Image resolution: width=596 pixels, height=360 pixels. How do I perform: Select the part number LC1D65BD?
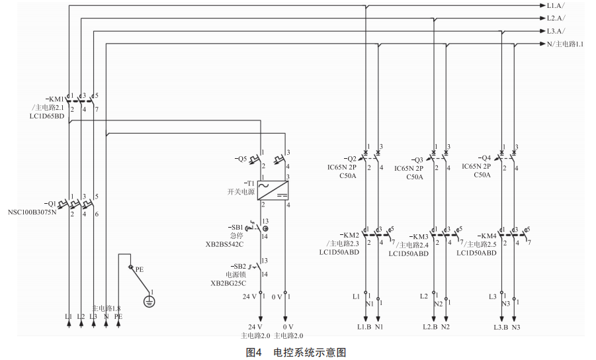click(47, 116)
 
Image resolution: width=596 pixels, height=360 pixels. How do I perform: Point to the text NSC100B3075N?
click(32, 212)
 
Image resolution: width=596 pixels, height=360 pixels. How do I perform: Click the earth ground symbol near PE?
click(149, 301)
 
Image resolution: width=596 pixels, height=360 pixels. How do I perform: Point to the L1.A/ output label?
click(556, 6)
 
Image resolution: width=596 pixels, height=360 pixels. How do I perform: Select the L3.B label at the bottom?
click(499, 326)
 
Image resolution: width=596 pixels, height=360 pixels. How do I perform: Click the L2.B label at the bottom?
click(430, 326)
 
